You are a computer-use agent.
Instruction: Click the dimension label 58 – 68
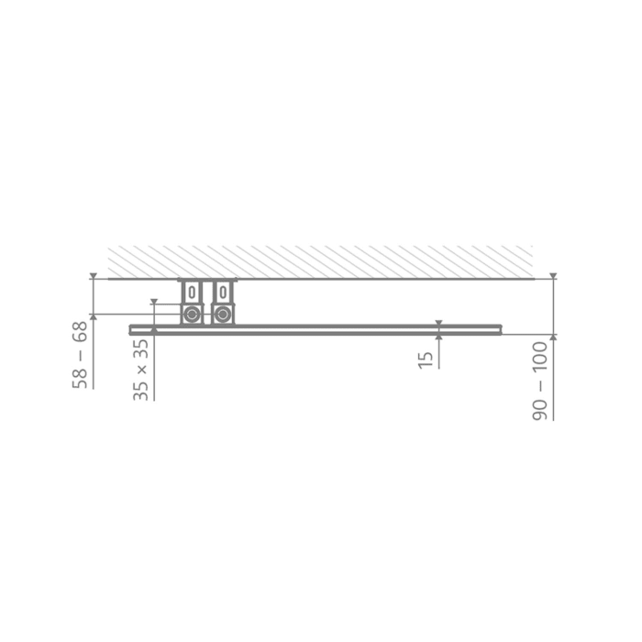tap(82, 354)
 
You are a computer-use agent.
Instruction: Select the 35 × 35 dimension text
tap(140, 370)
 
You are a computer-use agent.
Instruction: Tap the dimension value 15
tap(426, 357)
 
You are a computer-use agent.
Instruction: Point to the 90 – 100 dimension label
tap(541, 380)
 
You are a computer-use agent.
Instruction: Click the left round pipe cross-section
tap(192, 315)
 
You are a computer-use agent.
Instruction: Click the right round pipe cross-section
tap(222, 315)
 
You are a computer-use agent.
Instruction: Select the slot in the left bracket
tap(192, 293)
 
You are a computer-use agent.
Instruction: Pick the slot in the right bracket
tap(222, 293)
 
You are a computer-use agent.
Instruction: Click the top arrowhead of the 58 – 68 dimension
tap(93, 276)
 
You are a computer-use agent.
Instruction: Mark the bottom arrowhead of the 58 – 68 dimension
tap(93, 317)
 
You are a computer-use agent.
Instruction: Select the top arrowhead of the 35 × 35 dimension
tap(154, 301)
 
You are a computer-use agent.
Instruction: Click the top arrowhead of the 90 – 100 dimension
tap(553, 276)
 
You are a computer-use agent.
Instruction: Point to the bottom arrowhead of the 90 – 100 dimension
tap(553, 337)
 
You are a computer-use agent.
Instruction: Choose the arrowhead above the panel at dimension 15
tap(439, 322)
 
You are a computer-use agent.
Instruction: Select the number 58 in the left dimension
tap(82, 376)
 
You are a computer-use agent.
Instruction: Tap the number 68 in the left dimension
tap(82, 333)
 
